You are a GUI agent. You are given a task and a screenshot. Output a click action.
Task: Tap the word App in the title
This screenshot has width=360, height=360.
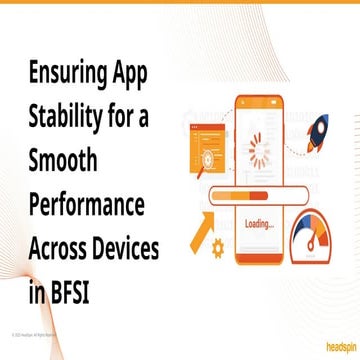click(135, 73)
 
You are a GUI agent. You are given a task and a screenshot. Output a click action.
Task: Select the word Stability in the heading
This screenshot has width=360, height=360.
click(61, 118)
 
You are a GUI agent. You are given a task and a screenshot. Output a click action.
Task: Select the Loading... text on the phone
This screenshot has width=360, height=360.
click(258, 223)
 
